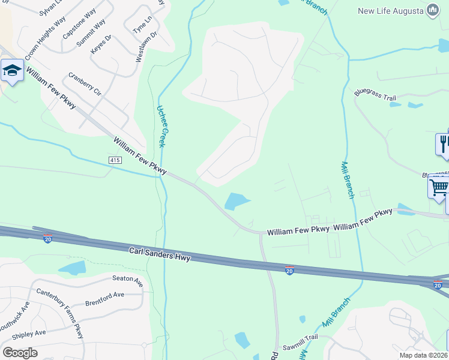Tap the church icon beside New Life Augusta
click(432, 10)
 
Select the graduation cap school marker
click(11, 71)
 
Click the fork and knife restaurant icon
click(444, 143)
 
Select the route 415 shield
click(115, 160)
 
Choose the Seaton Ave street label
click(128, 278)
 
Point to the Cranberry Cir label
click(85, 85)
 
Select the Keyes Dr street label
click(101, 46)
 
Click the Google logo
click(19, 353)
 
